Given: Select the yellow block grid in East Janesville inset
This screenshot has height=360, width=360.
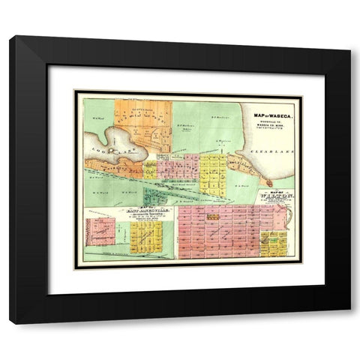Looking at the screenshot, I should tap(146, 238).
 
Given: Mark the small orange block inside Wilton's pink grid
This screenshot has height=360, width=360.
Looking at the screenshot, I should tap(213, 217).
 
